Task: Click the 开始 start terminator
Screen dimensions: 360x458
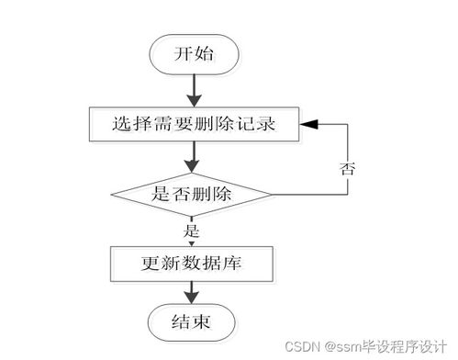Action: [193, 53]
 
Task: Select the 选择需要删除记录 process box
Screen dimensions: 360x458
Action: [193, 122]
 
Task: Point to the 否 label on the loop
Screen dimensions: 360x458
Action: [348, 168]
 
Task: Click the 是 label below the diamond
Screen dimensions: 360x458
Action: [193, 230]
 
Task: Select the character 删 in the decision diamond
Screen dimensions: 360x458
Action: [202, 194]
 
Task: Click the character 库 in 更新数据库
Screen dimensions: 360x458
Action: [235, 264]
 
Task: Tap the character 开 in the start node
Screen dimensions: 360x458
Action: [182, 53]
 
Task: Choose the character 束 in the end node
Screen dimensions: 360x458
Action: [204, 321]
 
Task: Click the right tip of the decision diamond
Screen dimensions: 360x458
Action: [273, 194]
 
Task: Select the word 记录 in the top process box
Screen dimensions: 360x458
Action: [256, 122]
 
